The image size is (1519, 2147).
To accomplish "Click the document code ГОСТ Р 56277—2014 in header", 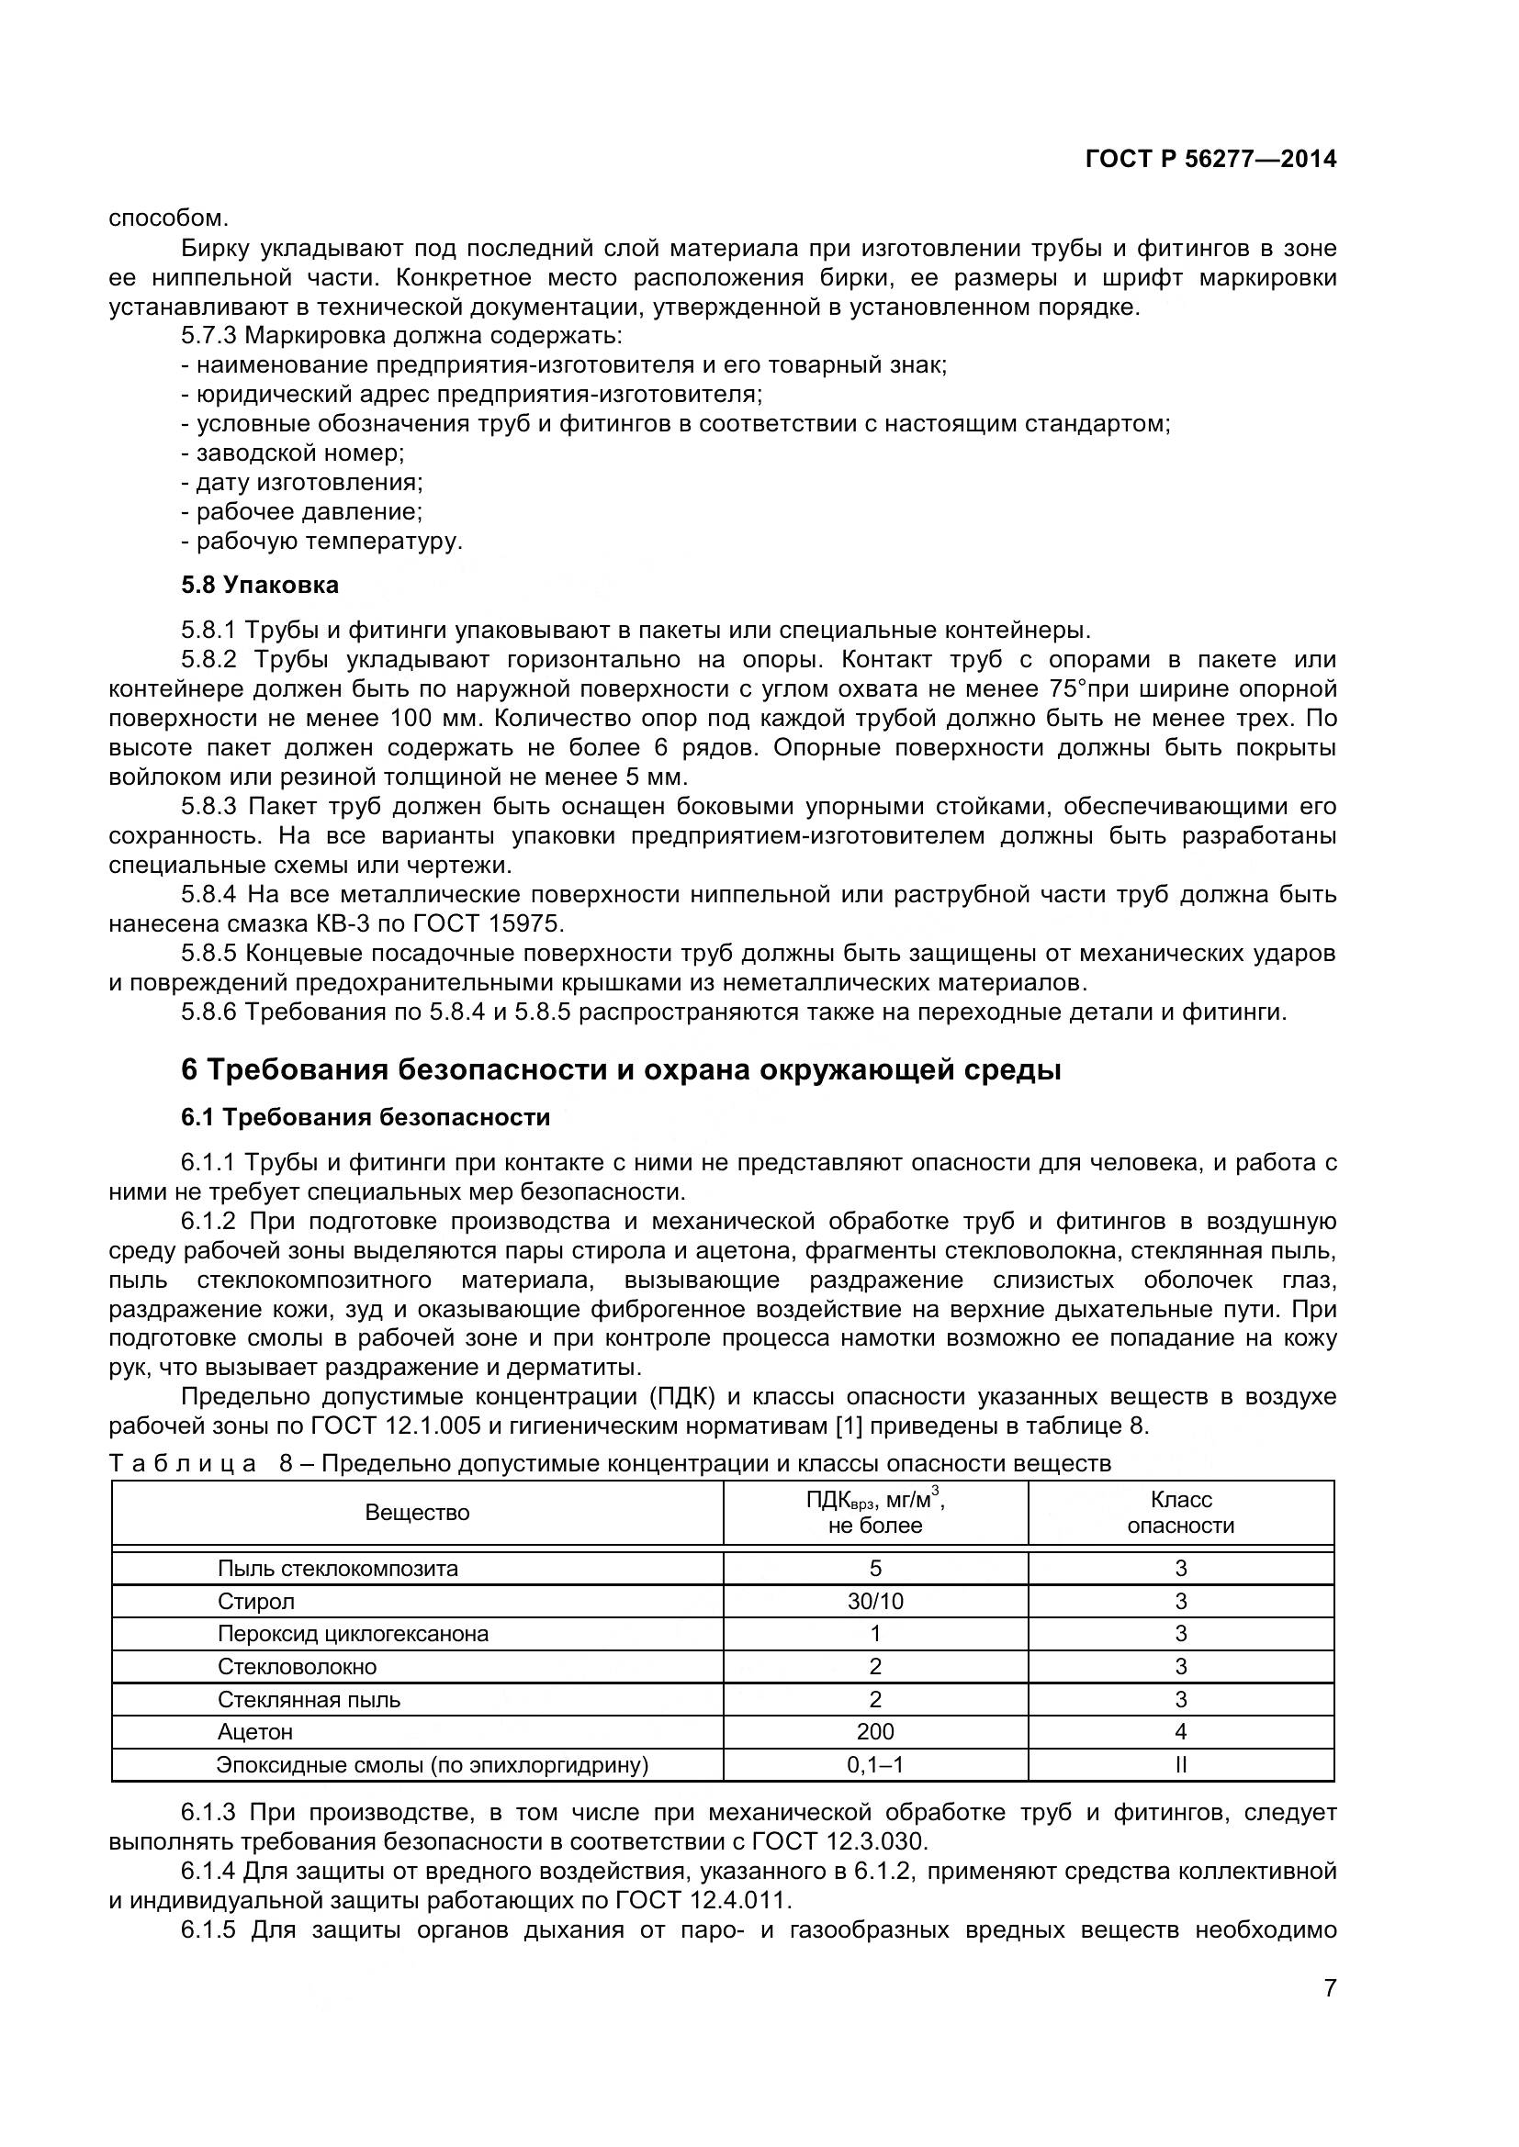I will (1210, 159).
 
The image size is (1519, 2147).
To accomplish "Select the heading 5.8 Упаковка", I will (260, 586).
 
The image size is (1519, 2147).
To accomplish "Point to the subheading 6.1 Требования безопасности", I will (366, 1117).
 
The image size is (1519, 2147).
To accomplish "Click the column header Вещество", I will (417, 1512).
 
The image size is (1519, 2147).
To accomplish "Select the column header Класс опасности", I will (1180, 1512).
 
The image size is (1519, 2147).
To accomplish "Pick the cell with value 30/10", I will (875, 1601).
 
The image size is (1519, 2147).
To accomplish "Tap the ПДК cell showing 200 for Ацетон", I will (875, 1732).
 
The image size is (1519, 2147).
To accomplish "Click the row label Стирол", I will (256, 1601).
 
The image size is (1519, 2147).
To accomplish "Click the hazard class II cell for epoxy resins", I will (1180, 1764).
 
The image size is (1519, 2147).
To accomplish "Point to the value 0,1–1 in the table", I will (875, 1764).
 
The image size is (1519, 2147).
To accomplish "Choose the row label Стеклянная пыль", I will (309, 1699).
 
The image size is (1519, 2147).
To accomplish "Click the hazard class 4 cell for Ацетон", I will (1180, 1732).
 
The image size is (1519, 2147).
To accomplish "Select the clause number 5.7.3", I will (209, 336).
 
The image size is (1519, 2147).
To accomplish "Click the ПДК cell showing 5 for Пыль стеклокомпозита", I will (875, 1568).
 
